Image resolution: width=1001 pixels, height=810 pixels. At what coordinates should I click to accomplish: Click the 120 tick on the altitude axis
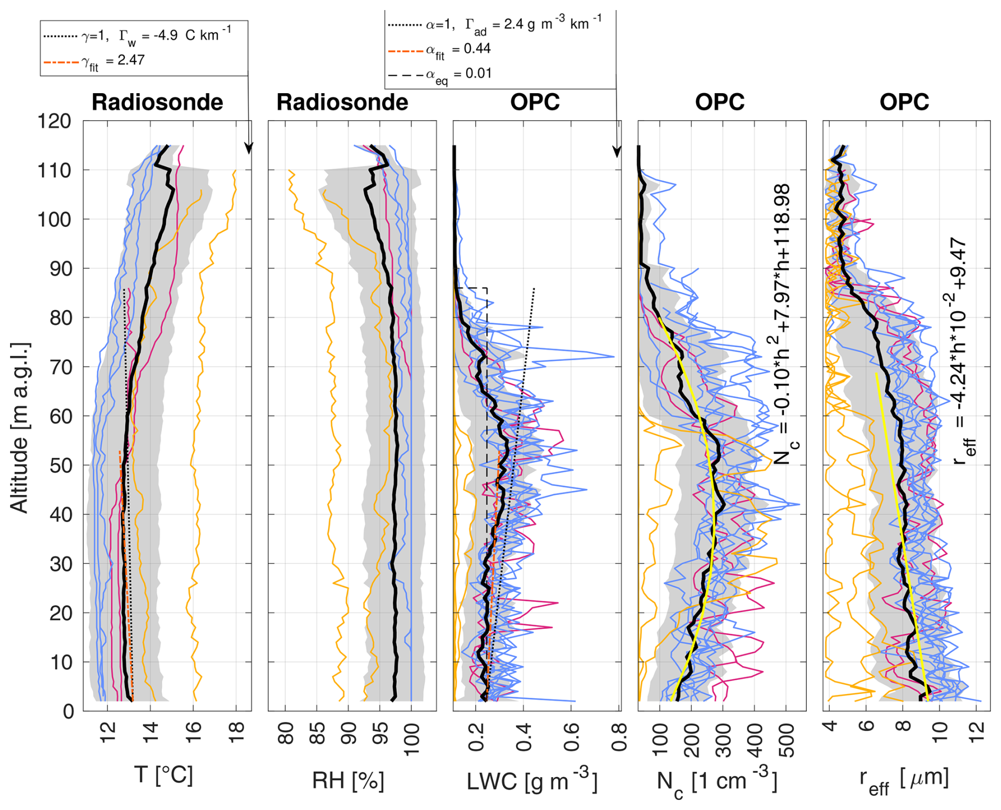54,121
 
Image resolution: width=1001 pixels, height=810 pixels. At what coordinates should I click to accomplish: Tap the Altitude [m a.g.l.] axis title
20,428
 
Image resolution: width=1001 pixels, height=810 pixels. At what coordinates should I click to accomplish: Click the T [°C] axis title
163,776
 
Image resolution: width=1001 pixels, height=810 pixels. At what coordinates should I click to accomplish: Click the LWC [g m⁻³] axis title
532,781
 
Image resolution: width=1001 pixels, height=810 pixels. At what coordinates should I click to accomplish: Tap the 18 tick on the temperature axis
236,734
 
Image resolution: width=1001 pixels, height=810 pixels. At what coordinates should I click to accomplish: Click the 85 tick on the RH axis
317,734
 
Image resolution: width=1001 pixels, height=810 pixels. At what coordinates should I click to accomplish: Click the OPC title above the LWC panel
534,102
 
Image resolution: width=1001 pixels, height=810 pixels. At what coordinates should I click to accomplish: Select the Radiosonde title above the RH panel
342,102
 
